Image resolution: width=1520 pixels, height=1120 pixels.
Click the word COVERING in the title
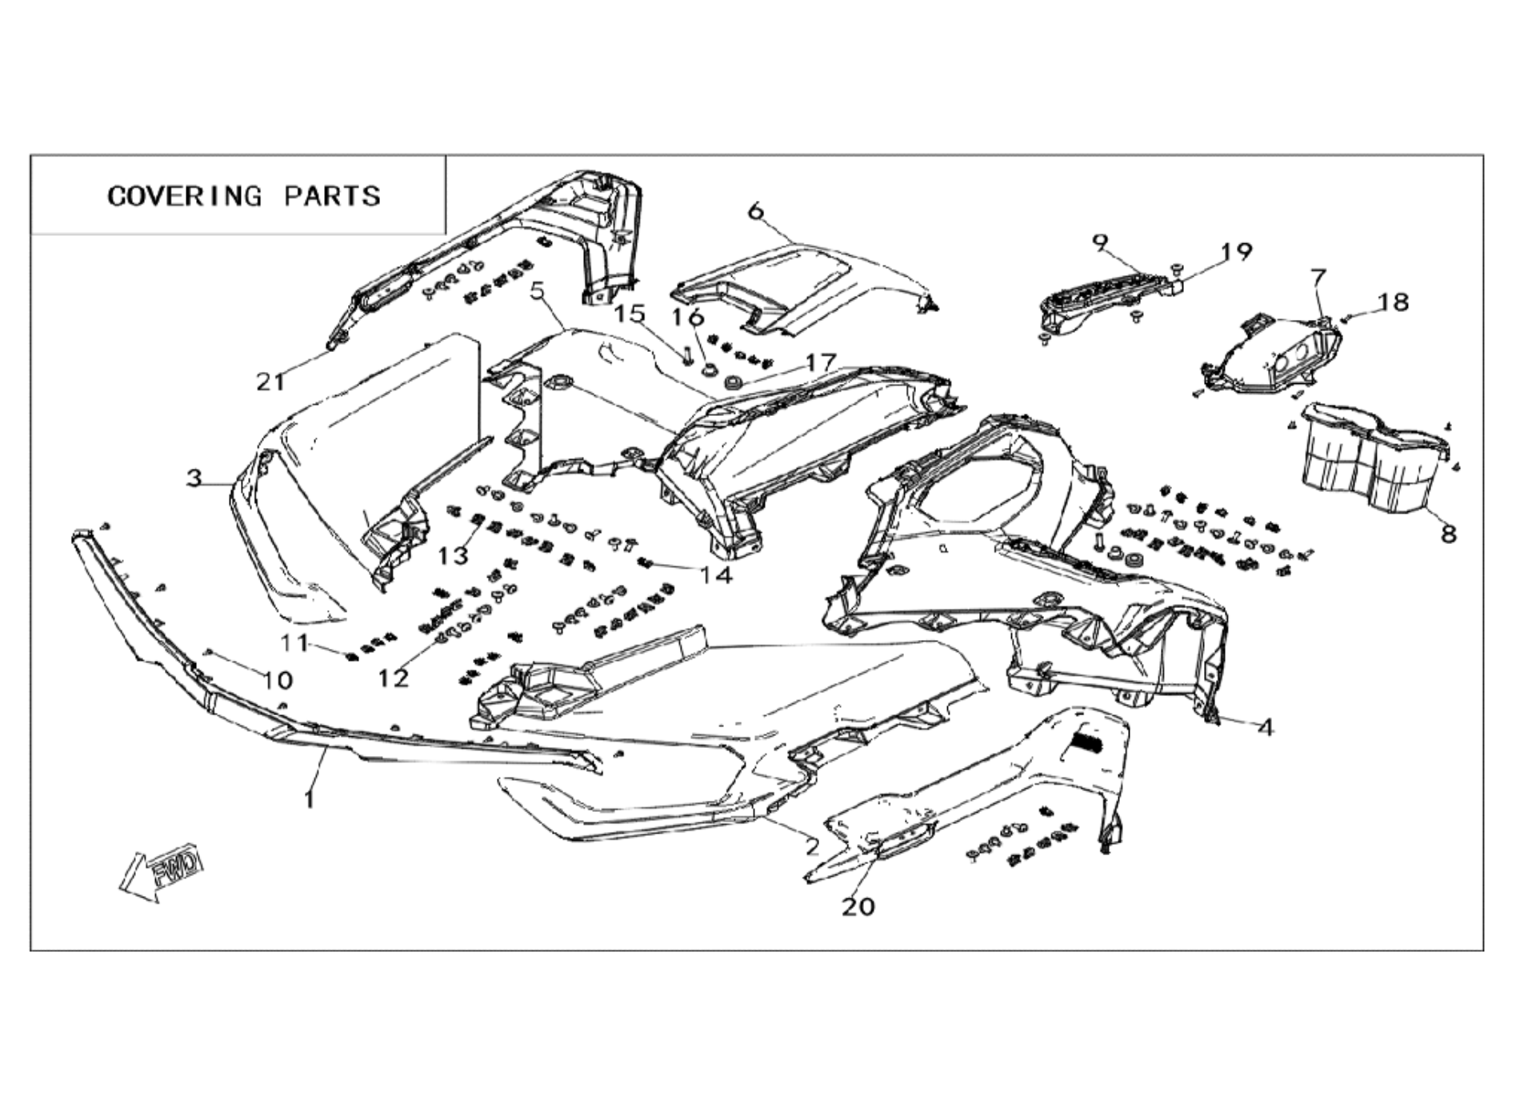point(185,196)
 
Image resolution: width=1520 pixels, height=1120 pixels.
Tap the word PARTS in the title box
point(332,196)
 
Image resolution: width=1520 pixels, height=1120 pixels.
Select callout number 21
point(270,382)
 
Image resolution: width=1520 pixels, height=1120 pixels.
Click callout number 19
point(1237,252)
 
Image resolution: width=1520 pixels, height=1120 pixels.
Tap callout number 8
point(1449,534)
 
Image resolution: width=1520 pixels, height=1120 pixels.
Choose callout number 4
point(1265,727)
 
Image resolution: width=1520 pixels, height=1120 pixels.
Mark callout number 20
point(858,906)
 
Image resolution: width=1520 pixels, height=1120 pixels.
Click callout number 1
point(310,798)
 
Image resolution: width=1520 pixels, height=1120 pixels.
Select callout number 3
point(194,478)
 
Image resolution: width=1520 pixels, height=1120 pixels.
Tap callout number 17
point(820,363)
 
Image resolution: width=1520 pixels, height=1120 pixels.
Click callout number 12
point(394,678)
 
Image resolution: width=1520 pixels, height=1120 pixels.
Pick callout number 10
point(278,680)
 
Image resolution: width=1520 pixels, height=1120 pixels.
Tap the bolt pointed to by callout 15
point(686,354)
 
